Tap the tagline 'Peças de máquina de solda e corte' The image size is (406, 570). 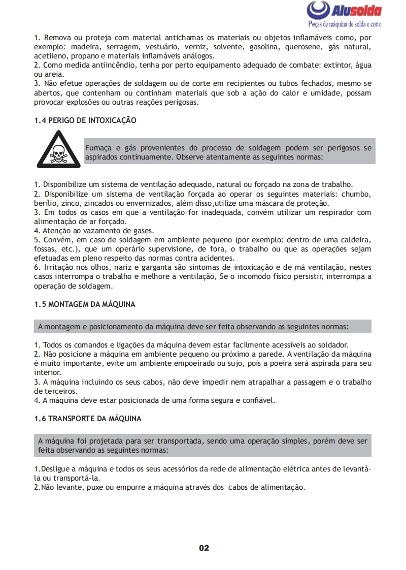(x=345, y=24)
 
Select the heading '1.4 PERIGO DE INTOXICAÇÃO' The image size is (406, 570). (x=85, y=121)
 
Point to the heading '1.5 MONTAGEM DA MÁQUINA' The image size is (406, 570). (x=85, y=304)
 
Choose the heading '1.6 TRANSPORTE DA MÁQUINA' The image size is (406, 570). (x=88, y=419)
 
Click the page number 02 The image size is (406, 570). (x=204, y=548)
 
